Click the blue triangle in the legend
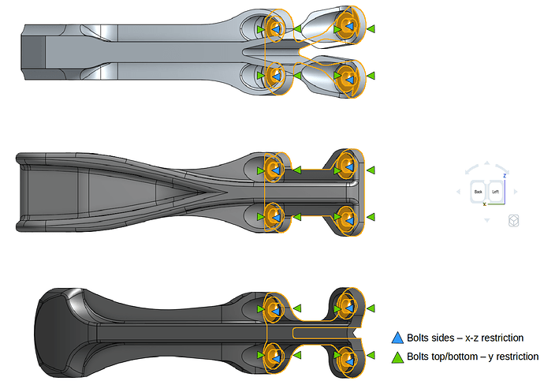point(398,338)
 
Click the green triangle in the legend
point(398,357)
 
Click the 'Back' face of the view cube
point(477,192)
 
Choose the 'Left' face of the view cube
point(496,192)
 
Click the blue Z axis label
point(505,175)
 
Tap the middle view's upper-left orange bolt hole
point(275,168)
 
